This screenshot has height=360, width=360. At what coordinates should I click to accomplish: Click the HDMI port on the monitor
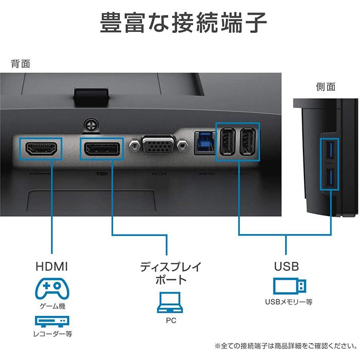tap(41, 149)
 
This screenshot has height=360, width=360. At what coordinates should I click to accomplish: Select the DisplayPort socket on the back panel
tap(102, 149)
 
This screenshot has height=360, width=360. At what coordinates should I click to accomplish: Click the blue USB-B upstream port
tap(205, 143)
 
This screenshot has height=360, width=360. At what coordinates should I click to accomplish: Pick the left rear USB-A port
tap(227, 141)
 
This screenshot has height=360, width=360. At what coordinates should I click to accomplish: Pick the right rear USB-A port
tap(248, 141)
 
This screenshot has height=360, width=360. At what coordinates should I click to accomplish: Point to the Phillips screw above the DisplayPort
tap(92, 125)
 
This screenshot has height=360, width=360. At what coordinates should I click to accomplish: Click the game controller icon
tap(52, 289)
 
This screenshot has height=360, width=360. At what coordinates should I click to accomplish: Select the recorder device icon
tap(52, 321)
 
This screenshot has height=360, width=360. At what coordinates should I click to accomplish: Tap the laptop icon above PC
tap(170, 302)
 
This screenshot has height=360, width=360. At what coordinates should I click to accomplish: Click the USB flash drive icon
tap(290, 286)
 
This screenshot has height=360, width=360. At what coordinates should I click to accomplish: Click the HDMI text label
tap(51, 266)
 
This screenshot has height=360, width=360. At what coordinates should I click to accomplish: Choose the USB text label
tap(286, 266)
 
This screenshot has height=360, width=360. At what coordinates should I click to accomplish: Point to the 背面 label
tap(21, 64)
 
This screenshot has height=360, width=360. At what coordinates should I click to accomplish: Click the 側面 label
tap(326, 87)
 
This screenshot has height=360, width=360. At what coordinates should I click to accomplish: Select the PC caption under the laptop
tap(171, 320)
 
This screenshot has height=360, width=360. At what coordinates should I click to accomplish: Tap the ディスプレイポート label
tap(171, 273)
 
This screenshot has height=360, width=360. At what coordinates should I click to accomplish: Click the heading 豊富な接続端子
tap(183, 23)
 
